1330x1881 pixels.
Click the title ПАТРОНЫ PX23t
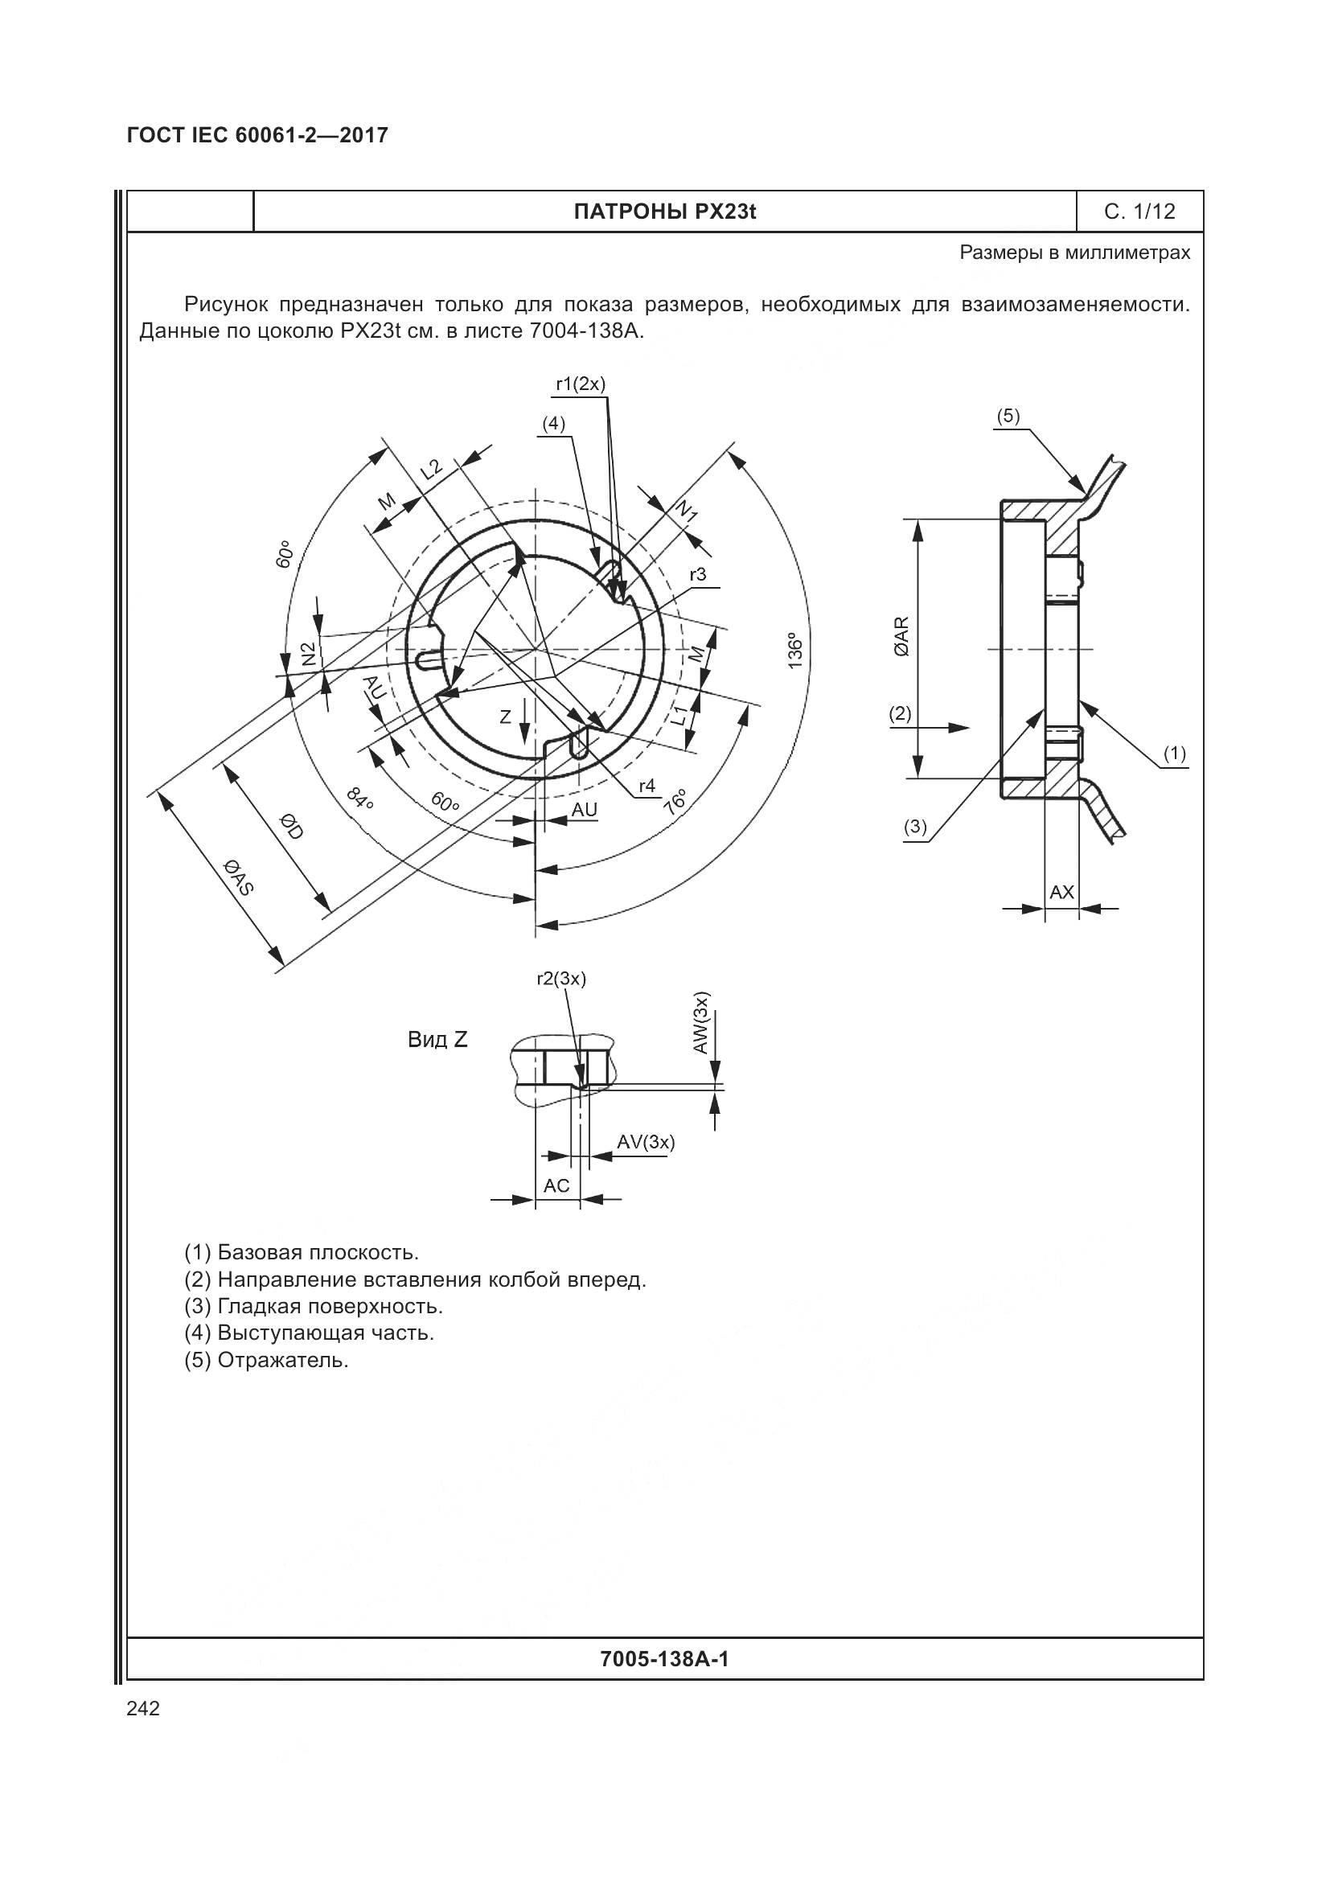click(x=664, y=212)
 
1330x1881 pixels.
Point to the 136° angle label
click(x=794, y=651)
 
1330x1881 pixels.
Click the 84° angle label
click(x=359, y=799)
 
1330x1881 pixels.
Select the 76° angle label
click(x=675, y=801)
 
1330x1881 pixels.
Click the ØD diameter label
click(x=291, y=827)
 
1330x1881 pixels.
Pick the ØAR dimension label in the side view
click(x=901, y=637)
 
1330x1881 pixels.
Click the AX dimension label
click(x=1061, y=892)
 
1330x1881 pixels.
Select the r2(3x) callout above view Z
click(x=561, y=978)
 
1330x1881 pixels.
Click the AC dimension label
click(x=556, y=1185)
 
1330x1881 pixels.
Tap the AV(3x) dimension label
click(x=646, y=1142)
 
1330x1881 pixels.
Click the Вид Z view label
click(x=437, y=1040)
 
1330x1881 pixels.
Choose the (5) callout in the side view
click(x=1008, y=417)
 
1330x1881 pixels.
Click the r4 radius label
click(x=647, y=786)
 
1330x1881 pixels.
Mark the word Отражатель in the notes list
click(x=282, y=1361)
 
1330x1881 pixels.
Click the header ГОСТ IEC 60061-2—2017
click(x=257, y=135)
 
